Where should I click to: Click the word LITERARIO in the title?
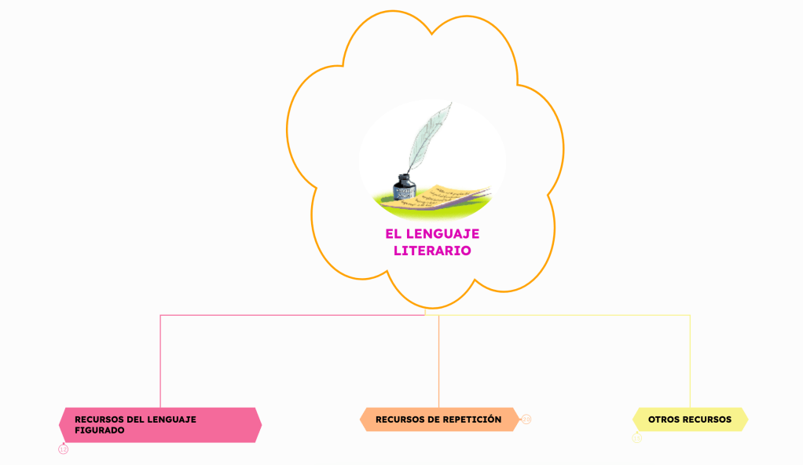pos(432,251)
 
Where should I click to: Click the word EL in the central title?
pos(393,234)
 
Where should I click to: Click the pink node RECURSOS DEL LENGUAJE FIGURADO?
pos(160,425)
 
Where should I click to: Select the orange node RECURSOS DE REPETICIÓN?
pos(438,419)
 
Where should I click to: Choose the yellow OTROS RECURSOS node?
pos(690,419)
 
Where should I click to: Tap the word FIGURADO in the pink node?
pos(100,430)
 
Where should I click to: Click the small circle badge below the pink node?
pos(64,449)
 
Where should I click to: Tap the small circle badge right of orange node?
pos(526,419)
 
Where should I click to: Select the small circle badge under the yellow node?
pos(637,438)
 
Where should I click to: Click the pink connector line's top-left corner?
pos(161,316)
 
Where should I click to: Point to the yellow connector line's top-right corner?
pos(690,316)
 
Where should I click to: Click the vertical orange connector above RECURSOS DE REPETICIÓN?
pos(438,361)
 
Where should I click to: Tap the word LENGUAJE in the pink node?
pos(171,419)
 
